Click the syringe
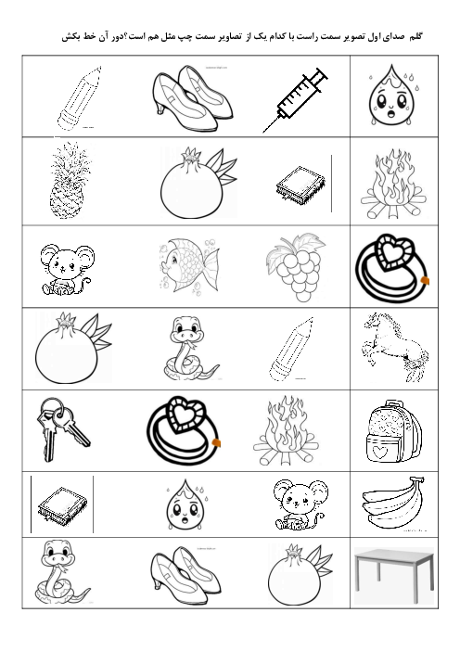point(296,100)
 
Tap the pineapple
point(70,181)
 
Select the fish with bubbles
point(189,264)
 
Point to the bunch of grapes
point(296,267)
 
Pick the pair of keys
point(62,428)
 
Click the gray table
point(394,575)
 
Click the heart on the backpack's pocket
point(379,452)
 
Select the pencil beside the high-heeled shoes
point(80,98)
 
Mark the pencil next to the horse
point(291,349)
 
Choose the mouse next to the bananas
point(300,504)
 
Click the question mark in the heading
point(126,36)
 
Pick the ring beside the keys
point(183,429)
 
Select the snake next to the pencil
point(189,348)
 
